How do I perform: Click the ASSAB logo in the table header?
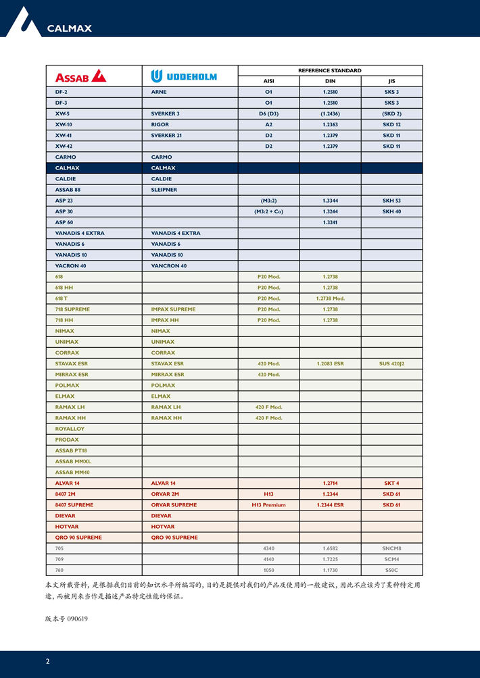click(x=80, y=76)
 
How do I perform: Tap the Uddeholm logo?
click(x=184, y=76)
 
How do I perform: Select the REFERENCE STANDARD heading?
click(x=330, y=70)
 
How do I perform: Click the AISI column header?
click(x=268, y=81)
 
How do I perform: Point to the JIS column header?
click(x=391, y=81)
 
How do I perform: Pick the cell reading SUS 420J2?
click(x=391, y=363)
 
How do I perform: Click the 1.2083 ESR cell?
click(x=330, y=363)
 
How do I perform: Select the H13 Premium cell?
click(x=268, y=504)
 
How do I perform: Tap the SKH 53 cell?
click(x=391, y=201)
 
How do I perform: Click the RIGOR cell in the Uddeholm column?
click(x=160, y=124)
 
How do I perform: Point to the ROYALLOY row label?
click(x=70, y=429)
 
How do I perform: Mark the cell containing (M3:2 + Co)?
click(x=268, y=211)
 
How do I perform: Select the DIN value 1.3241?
click(x=330, y=222)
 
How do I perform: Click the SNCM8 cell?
click(x=391, y=548)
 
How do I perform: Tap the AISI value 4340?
click(x=268, y=548)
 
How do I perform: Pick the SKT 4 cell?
click(x=391, y=483)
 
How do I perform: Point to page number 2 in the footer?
click(x=47, y=661)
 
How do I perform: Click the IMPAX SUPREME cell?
click(x=173, y=309)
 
